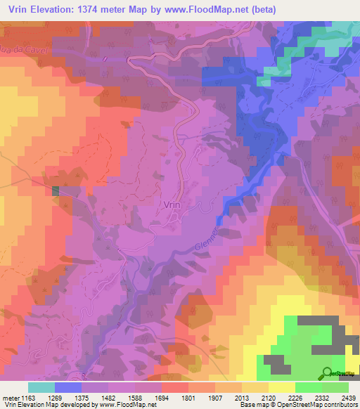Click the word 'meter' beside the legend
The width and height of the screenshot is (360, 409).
pos(9,398)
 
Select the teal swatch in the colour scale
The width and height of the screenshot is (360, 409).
pos(41,388)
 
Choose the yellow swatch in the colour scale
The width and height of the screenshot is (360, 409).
pos(281,388)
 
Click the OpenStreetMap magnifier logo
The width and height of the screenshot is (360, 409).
pos(328,372)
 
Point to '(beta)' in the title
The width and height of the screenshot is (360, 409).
pos(261,10)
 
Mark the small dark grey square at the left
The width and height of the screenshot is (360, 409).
pos(56,190)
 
